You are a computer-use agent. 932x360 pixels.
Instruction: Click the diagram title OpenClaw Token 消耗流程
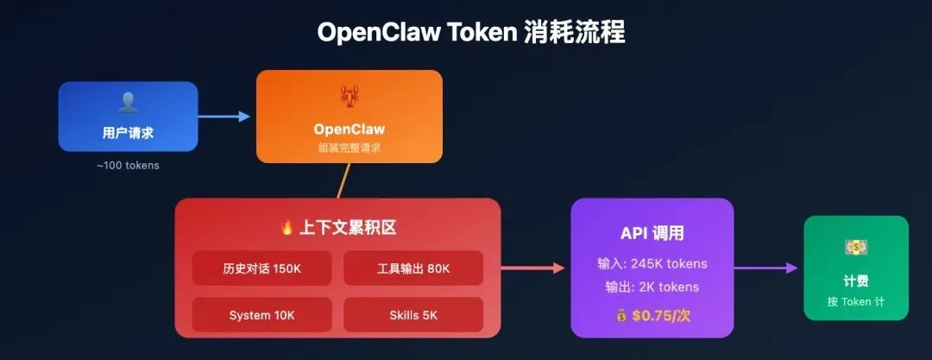(470, 33)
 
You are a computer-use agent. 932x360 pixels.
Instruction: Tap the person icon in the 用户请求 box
(128, 103)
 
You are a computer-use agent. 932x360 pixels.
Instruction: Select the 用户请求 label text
(128, 134)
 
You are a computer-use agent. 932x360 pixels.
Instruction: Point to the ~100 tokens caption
(128, 165)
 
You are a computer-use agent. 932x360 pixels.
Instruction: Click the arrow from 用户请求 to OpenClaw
(225, 116)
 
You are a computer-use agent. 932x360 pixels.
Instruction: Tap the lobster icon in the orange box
(349, 96)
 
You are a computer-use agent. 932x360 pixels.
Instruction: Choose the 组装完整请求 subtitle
(349, 148)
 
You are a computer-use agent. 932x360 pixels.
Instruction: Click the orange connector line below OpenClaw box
(343, 180)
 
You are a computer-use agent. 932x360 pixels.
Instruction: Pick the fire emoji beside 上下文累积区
(287, 228)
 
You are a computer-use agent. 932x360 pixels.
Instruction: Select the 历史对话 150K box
(261, 268)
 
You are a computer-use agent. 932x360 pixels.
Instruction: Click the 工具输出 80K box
(413, 268)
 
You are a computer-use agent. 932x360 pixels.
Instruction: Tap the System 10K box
(261, 315)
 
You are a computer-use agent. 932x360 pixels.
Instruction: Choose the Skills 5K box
(413, 315)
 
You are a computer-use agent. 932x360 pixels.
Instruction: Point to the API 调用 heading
(652, 233)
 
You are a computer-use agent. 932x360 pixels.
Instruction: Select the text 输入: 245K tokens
(652, 264)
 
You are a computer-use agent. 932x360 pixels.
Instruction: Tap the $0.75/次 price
(661, 315)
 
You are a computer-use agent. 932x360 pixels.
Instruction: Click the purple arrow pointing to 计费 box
(768, 268)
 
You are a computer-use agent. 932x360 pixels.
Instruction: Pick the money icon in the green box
(855, 248)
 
